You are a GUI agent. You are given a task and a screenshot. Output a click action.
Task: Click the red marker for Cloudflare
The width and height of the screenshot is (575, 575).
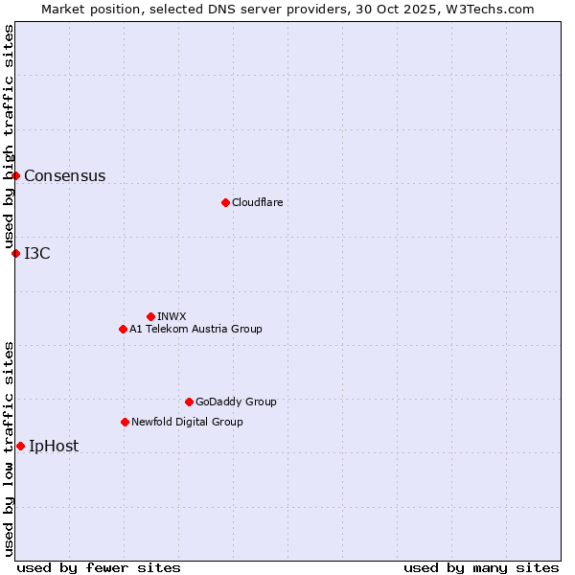pos(225,202)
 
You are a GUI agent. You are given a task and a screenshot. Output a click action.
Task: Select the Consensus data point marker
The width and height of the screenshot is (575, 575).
pos(16,175)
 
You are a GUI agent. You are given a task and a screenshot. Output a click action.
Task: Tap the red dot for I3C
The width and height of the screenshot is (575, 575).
pos(16,253)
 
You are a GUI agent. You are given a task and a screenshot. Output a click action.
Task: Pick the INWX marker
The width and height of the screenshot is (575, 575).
pos(150,316)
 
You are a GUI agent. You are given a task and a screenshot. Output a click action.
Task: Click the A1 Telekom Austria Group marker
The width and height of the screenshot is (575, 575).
pos(123,329)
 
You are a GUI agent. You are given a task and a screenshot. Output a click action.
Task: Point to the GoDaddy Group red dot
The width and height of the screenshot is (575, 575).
pos(189,402)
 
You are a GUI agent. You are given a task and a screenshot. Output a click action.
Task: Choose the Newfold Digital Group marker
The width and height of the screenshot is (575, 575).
pos(125,422)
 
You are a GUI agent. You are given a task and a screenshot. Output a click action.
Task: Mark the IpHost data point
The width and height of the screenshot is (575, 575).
pos(20,446)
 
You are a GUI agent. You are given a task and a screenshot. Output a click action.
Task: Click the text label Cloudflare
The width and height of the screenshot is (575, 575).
pos(257,202)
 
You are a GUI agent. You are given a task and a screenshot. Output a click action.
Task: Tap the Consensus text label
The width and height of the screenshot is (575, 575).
pos(64,175)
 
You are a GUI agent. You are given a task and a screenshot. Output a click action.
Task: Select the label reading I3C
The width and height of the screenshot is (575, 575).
pos(37,253)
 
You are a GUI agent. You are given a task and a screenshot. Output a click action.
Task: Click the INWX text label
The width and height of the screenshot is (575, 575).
pos(172,316)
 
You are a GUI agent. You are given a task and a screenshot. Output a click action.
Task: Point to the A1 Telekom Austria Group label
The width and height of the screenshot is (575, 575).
pos(195,329)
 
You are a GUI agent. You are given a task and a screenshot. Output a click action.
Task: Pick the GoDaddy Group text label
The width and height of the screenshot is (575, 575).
pos(236,402)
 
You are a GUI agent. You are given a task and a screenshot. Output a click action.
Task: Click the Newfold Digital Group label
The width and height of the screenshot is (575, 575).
pos(187,422)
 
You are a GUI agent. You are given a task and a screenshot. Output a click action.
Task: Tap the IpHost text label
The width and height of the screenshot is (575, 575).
pos(54,446)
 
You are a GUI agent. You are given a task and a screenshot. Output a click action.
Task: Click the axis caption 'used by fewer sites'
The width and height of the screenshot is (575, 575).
pos(99,567)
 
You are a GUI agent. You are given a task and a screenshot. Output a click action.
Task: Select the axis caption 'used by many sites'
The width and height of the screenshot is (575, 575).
pos(481,567)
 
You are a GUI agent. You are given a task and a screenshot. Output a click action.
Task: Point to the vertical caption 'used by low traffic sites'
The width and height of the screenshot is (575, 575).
pos(9,448)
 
